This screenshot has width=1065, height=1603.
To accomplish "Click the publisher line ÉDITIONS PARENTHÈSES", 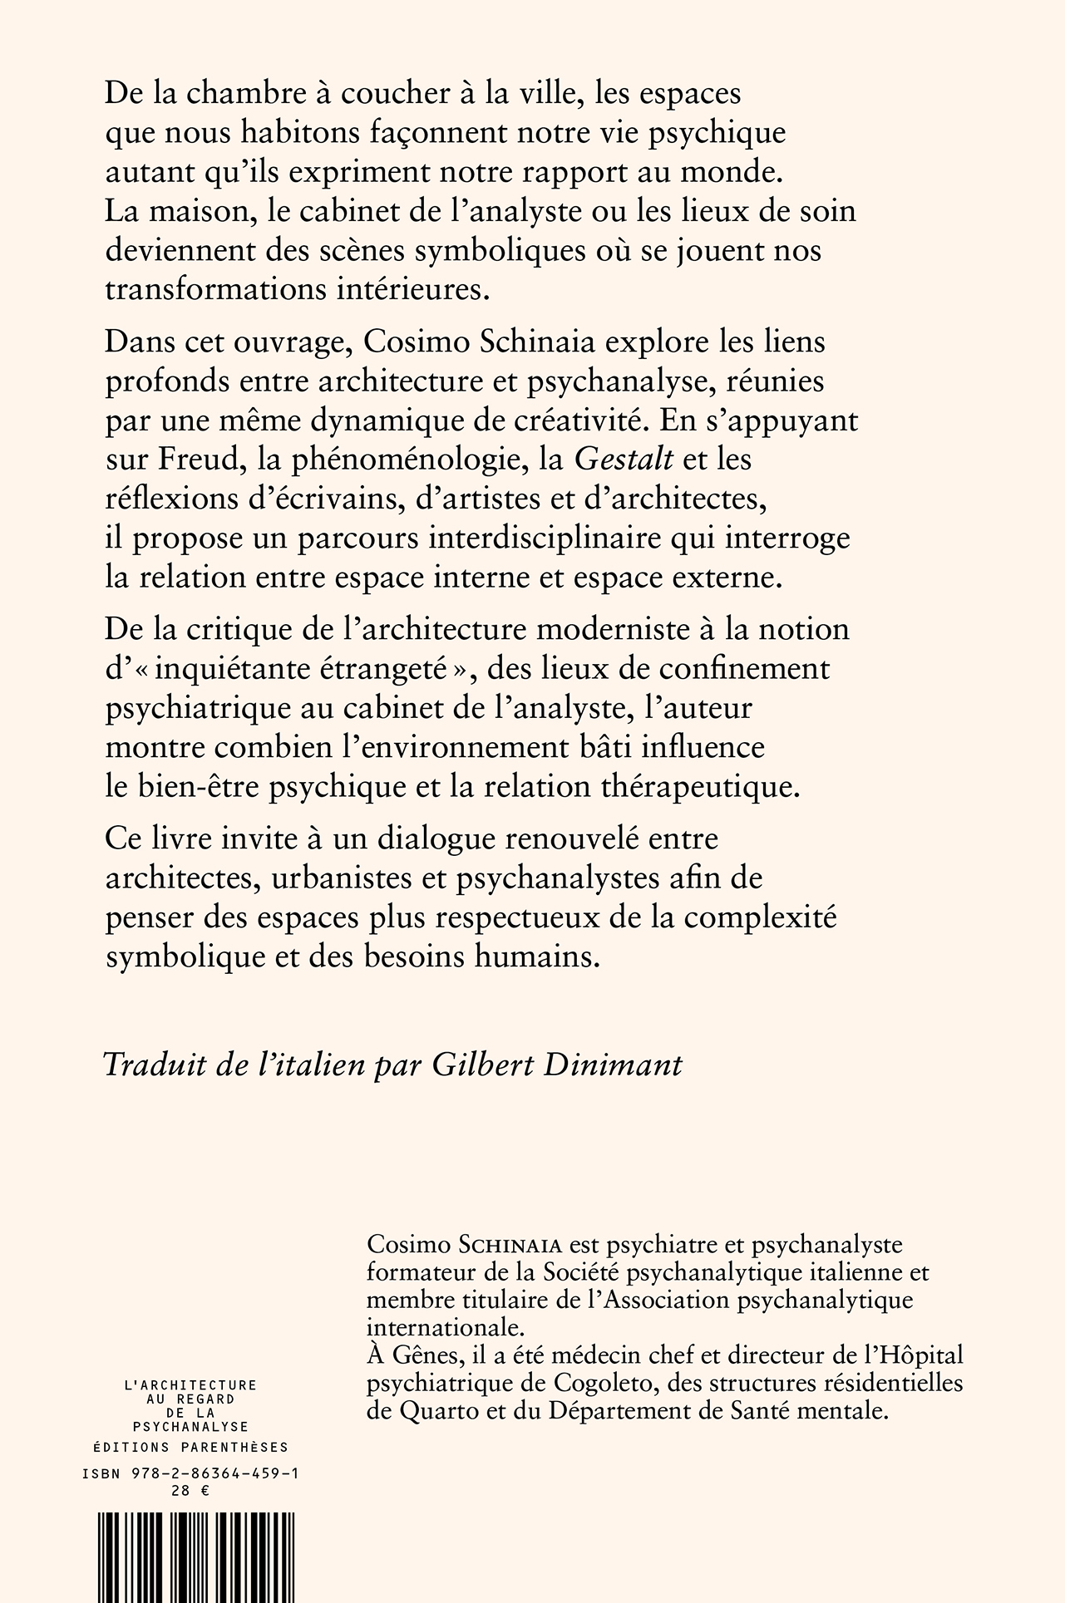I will [190, 1447].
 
